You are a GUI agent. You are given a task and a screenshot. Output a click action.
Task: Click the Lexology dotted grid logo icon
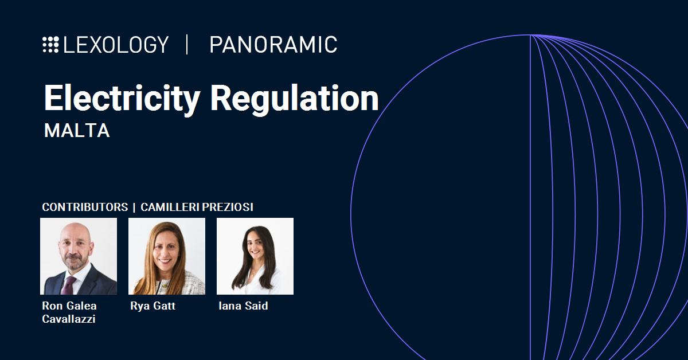[50, 45]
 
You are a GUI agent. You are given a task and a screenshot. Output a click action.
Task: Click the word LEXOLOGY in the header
[116, 45]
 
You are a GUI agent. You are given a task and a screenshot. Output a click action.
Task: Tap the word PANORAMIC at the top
[273, 45]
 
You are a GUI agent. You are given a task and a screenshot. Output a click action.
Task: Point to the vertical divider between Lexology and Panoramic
[187, 45]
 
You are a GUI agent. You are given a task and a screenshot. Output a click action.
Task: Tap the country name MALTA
[77, 131]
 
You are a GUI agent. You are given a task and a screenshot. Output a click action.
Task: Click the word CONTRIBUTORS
[85, 207]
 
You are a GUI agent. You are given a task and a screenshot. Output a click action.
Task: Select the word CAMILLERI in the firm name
[170, 207]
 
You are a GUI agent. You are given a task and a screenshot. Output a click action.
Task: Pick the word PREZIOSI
[228, 207]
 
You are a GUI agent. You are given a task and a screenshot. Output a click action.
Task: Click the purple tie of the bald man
[69, 285]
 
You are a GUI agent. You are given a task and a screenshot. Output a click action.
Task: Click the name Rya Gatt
[153, 306]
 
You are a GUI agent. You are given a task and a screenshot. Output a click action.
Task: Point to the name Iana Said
[243, 306]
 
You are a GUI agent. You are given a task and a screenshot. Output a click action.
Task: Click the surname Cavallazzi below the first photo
[68, 319]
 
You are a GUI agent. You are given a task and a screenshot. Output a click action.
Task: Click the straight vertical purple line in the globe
[530, 197]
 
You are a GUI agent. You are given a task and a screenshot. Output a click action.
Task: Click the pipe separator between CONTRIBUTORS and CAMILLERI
[134, 208]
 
